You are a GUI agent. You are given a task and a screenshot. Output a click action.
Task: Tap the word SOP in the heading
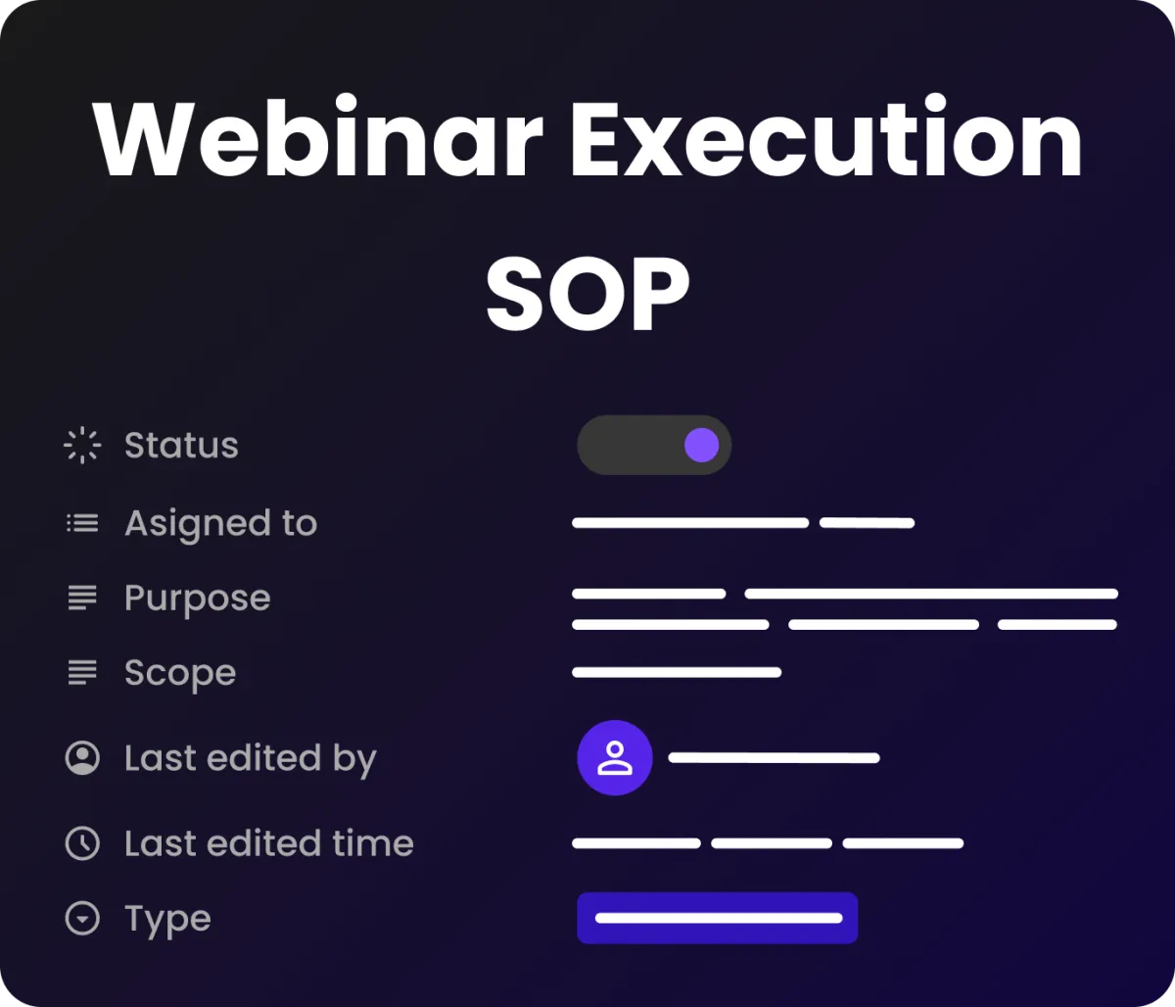point(587,292)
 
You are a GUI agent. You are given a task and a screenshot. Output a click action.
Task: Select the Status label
point(181,445)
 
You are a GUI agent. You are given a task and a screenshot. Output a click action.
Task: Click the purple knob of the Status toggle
point(701,445)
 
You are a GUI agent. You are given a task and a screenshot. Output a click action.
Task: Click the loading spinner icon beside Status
point(82,445)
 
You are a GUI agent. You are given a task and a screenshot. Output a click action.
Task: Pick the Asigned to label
point(220,523)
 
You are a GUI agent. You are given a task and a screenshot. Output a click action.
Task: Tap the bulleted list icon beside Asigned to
point(82,523)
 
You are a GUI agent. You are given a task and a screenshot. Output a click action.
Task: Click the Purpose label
point(197,599)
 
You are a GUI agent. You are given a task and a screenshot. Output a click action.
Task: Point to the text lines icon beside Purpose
point(82,598)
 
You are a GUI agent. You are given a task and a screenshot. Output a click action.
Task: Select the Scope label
point(180,673)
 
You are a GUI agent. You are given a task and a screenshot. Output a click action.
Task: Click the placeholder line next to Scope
point(677,673)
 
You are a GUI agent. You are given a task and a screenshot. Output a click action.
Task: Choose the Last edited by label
point(251,758)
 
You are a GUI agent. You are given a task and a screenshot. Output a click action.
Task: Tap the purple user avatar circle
point(615,758)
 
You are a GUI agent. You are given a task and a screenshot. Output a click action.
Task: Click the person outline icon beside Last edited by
point(82,758)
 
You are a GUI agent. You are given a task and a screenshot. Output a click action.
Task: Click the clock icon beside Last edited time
point(82,843)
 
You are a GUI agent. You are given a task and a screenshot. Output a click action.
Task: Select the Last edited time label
point(269,843)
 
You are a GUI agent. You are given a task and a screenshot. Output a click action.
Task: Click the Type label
point(167,920)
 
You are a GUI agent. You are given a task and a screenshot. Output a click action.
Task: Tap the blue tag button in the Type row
point(718,918)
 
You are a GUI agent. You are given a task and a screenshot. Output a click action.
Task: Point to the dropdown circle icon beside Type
point(82,918)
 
